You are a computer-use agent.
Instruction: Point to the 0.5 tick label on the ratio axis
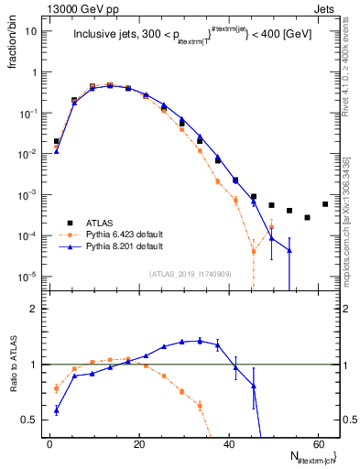[29, 420]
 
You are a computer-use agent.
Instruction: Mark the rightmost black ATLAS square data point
[325, 204]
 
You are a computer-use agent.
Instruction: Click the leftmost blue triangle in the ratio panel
[57, 410]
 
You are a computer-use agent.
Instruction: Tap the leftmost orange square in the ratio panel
[57, 388]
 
